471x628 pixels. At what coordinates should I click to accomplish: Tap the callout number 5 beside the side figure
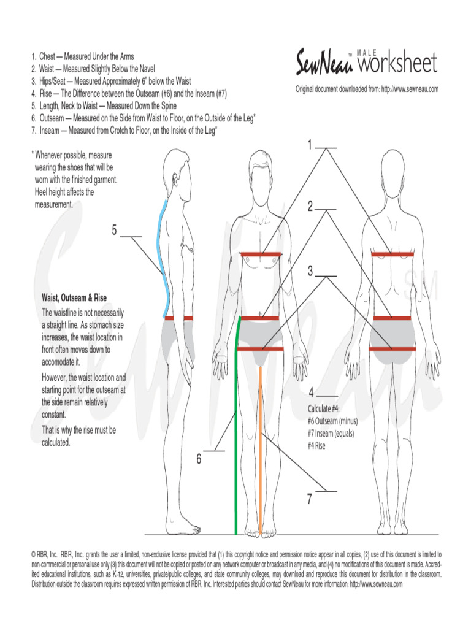[x=114, y=230]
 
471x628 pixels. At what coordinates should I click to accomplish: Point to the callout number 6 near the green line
[x=199, y=459]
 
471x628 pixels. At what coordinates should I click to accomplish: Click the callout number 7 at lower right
[x=310, y=500]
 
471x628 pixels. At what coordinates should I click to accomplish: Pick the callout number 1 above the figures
[x=310, y=145]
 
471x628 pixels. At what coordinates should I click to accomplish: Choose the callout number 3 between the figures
[x=310, y=270]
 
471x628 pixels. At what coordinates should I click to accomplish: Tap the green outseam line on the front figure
[x=236, y=429]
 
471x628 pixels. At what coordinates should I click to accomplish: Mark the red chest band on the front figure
[x=261, y=254]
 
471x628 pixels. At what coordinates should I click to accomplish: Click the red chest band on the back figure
[x=392, y=254]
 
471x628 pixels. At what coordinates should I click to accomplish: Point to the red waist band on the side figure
[x=178, y=318]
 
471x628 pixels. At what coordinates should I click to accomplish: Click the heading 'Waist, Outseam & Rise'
[x=74, y=298]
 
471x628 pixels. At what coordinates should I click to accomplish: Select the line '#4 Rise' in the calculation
[x=316, y=446]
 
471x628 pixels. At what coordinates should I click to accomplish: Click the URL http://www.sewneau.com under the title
[x=409, y=90]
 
